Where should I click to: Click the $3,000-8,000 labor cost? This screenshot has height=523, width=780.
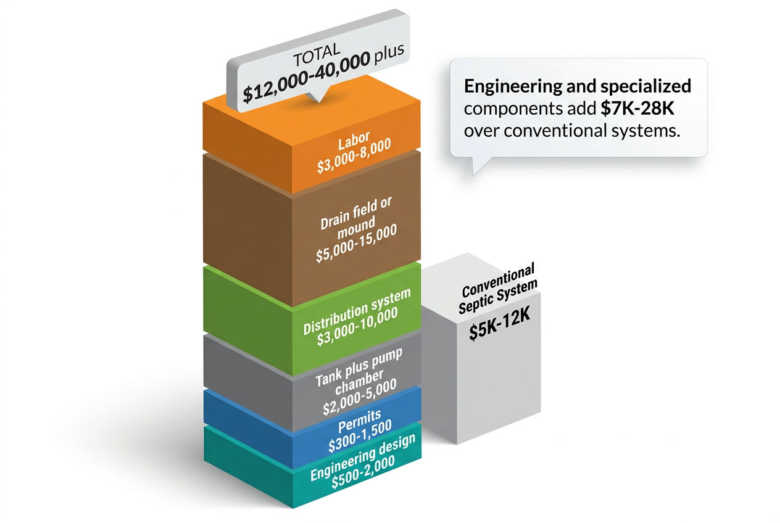coord(353,158)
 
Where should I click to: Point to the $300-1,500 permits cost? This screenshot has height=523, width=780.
coord(360,439)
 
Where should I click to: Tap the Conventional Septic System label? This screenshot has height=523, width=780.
coord(499,291)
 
